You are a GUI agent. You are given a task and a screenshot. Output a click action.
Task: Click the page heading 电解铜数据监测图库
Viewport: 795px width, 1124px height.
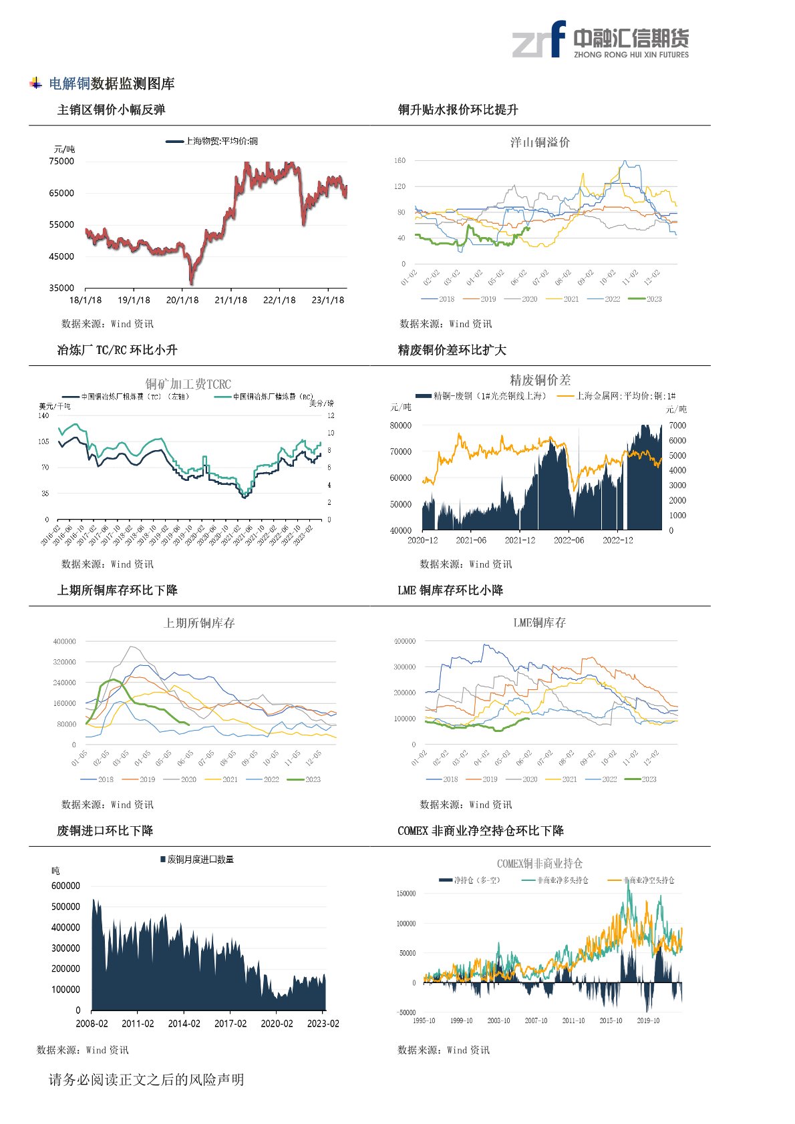click(x=112, y=84)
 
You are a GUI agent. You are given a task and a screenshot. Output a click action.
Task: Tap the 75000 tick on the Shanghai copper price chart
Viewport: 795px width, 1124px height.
click(x=61, y=161)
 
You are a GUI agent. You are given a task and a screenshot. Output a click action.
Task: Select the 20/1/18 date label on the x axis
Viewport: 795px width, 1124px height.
click(x=182, y=301)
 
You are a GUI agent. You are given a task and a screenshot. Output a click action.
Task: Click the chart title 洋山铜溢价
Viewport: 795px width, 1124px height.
click(x=540, y=142)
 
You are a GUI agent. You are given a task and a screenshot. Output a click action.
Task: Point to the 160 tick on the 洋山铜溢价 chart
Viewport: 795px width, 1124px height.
click(x=400, y=161)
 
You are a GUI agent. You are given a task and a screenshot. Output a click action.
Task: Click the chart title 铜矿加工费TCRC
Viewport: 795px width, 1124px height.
click(x=188, y=384)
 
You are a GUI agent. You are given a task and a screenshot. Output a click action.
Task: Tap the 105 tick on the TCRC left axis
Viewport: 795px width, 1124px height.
click(x=43, y=441)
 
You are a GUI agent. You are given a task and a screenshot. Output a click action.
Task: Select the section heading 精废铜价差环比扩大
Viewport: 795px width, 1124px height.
click(x=452, y=350)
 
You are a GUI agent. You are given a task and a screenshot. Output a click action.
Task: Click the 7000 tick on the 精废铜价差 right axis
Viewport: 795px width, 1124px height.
click(x=677, y=425)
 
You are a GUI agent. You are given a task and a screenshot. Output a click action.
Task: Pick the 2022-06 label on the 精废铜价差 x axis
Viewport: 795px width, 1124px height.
click(x=569, y=540)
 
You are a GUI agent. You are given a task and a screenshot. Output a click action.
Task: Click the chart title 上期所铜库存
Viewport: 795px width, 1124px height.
click(x=199, y=623)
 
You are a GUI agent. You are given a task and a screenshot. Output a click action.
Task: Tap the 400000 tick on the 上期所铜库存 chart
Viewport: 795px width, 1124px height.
click(x=65, y=642)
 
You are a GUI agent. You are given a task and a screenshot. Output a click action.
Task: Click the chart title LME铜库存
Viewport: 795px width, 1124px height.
click(x=539, y=622)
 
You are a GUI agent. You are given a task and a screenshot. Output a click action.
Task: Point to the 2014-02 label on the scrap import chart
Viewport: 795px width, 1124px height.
click(x=184, y=1024)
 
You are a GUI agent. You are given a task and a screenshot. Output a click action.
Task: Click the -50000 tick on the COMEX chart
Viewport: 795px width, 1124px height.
click(x=406, y=1012)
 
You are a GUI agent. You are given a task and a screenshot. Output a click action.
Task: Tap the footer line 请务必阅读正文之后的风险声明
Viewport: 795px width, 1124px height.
click(x=146, y=1080)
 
